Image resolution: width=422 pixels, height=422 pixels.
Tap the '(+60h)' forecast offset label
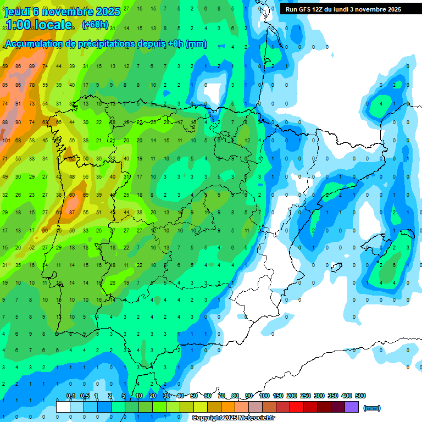(95, 25)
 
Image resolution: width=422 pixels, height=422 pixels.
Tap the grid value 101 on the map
(6, 140)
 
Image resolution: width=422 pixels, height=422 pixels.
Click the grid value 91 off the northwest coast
(18, 103)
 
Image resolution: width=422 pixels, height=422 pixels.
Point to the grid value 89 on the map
(32, 66)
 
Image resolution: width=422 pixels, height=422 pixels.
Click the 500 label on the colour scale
(360, 396)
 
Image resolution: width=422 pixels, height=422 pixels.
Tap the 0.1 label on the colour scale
(71, 396)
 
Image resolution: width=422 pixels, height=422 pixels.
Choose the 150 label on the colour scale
(278, 396)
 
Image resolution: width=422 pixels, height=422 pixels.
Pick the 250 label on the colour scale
(306, 396)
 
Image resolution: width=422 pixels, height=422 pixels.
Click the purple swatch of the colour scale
(352, 407)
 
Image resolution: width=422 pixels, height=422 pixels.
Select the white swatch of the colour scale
(63, 407)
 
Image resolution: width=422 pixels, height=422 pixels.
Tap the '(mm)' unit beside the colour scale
(372, 408)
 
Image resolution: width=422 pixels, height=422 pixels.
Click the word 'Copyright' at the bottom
(207, 418)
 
